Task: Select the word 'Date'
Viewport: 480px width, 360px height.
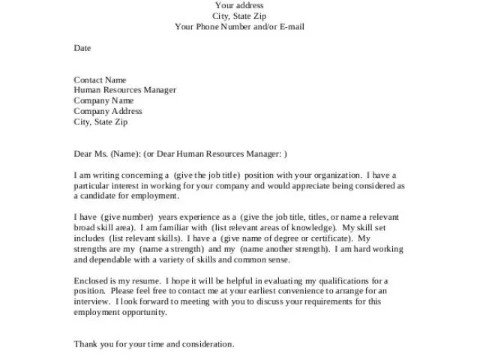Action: tap(82, 48)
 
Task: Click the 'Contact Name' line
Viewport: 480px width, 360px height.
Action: tap(100, 79)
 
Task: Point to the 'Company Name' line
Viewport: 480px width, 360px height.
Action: tap(103, 100)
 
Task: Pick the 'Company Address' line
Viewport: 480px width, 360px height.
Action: tap(107, 111)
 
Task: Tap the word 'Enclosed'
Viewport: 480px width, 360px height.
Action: tap(90, 280)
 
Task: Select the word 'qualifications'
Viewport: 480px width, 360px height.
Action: tap(345, 280)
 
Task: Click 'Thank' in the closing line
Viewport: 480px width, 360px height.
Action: tap(85, 344)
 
